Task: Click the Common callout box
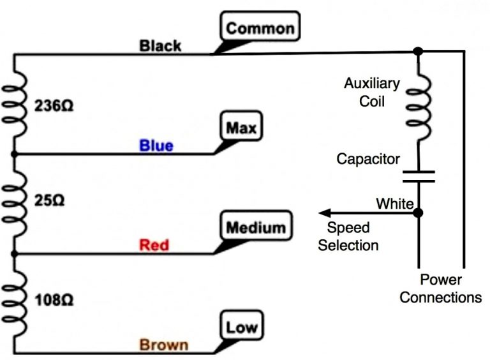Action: [x=260, y=28]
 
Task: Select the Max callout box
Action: [x=242, y=128]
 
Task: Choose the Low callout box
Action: [x=242, y=328]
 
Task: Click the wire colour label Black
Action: [x=160, y=46]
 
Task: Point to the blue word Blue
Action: [x=156, y=146]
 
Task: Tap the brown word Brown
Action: [x=164, y=345]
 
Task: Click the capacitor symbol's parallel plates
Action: [x=418, y=176]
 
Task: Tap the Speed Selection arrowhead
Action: [x=325, y=213]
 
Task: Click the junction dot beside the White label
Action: [x=418, y=213]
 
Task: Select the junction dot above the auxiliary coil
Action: [x=418, y=50]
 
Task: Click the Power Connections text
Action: [x=441, y=289]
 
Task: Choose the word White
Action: [x=394, y=204]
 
